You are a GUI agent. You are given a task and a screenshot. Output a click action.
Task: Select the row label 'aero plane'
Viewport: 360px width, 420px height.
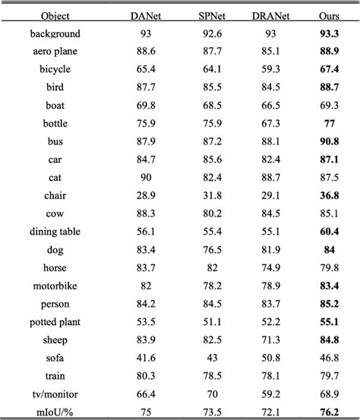pos(55,52)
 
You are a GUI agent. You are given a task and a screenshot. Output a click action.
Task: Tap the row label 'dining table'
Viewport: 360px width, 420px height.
pos(55,231)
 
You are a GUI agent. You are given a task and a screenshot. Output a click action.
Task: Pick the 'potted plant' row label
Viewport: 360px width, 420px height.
pos(55,321)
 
